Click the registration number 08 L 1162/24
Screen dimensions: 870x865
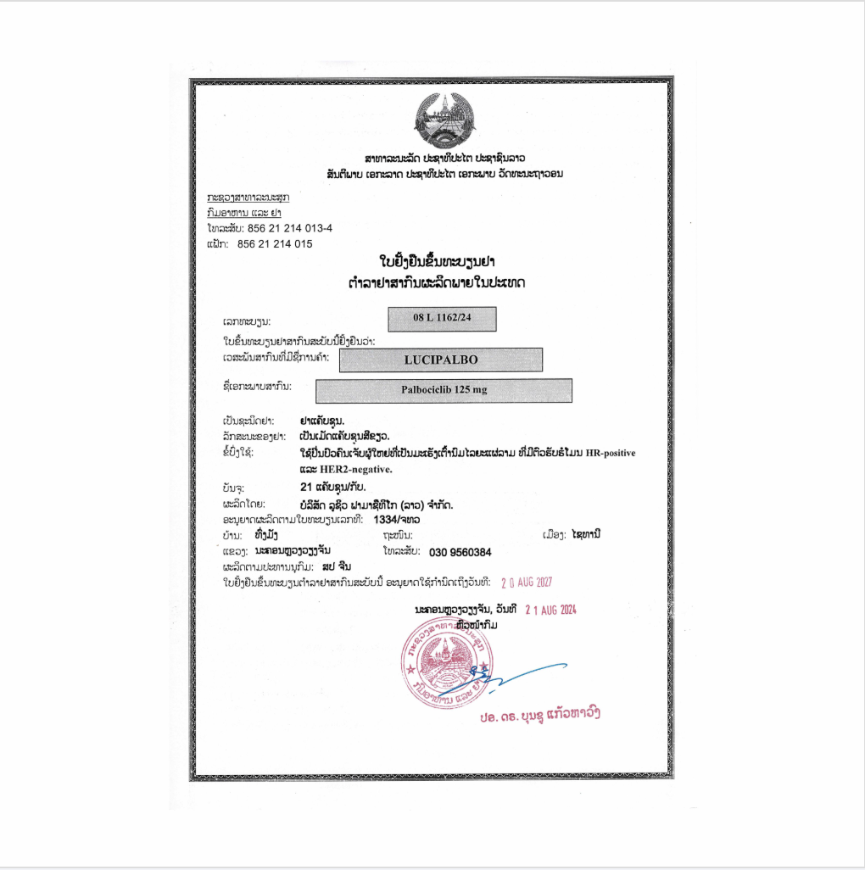click(442, 318)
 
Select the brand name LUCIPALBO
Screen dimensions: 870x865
click(441, 360)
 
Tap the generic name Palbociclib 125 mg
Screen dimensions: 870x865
click(444, 390)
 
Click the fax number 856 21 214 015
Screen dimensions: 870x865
click(275, 243)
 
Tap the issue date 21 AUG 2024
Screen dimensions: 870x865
click(550, 609)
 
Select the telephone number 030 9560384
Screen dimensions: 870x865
click(460, 552)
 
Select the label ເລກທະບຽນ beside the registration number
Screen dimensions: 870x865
click(247, 324)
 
